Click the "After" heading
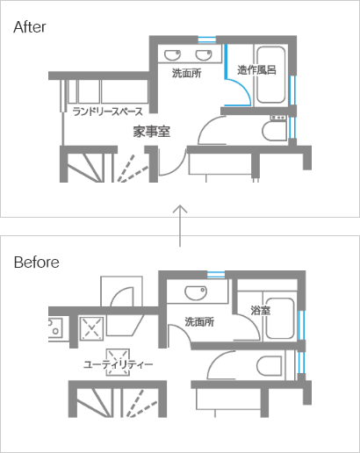(x=30, y=27)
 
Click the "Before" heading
(x=37, y=262)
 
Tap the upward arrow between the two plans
(x=180, y=226)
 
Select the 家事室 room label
(x=152, y=132)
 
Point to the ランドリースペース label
(x=108, y=111)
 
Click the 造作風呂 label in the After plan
(x=256, y=70)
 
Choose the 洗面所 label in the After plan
(x=186, y=73)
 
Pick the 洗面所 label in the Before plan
(x=199, y=321)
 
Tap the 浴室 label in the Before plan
(x=261, y=310)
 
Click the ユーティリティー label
(x=119, y=364)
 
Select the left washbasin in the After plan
(x=172, y=54)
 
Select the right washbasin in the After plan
(x=204, y=54)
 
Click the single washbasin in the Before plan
(x=196, y=293)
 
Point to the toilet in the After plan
(x=274, y=131)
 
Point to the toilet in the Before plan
(x=270, y=365)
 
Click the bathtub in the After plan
(x=271, y=75)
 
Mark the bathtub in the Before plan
(x=279, y=319)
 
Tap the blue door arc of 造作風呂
(x=243, y=90)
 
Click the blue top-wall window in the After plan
(x=207, y=40)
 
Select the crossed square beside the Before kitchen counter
(x=91, y=328)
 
